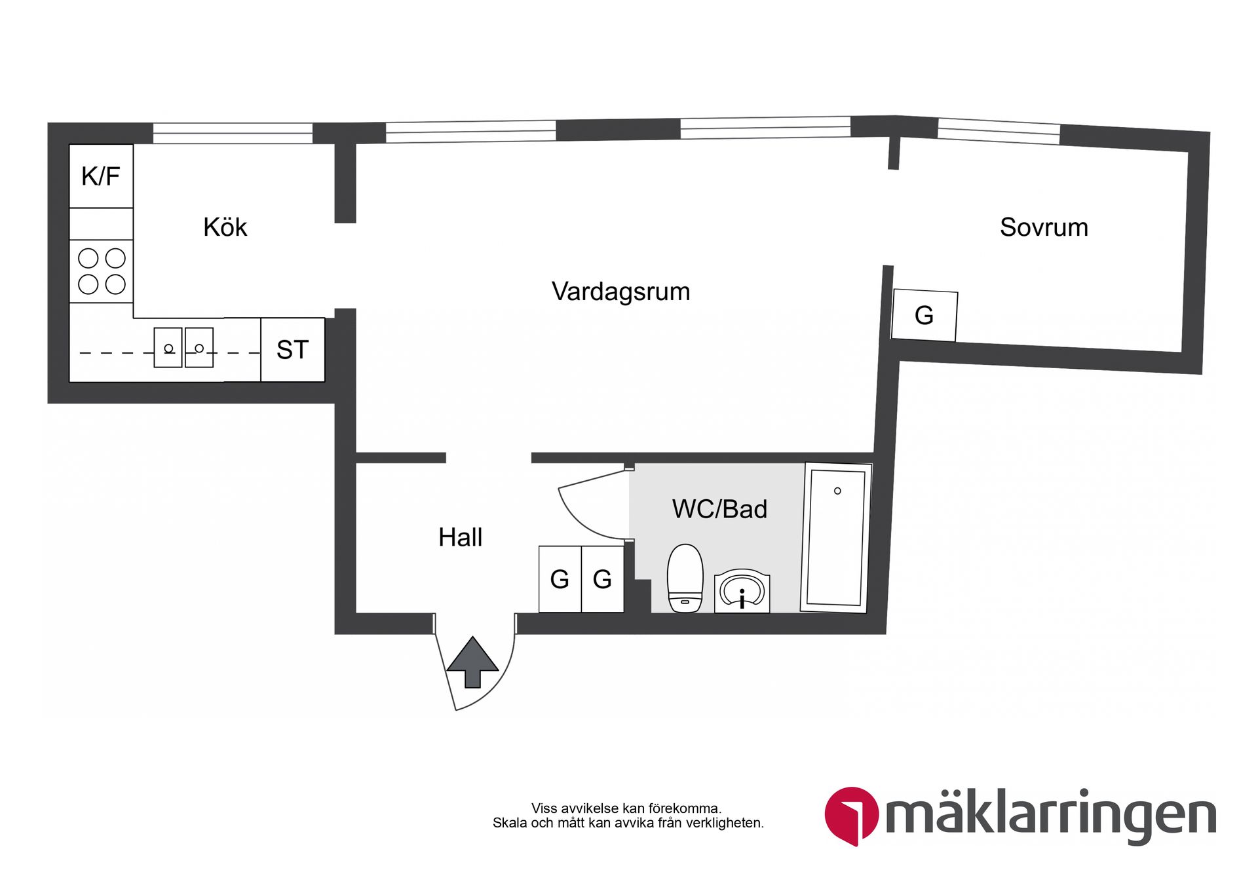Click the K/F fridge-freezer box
point(101,176)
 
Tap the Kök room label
point(225,227)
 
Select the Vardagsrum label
point(620,292)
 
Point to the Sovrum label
point(1043,227)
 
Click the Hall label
point(460,537)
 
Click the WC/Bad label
point(719,509)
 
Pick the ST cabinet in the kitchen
point(292,350)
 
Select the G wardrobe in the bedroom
point(924,316)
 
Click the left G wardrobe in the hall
point(560,579)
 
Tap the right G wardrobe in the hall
point(602,579)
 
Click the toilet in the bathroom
point(685,578)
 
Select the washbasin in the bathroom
point(742,592)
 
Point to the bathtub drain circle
point(837,491)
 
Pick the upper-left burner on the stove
point(88,258)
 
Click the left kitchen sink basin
point(168,348)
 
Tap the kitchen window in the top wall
point(233,133)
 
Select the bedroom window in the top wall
point(999,132)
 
